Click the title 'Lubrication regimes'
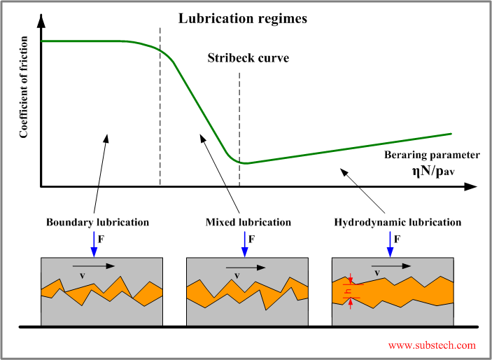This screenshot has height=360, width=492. (x=242, y=19)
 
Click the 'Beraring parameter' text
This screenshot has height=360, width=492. (x=433, y=155)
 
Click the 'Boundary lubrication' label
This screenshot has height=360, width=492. (x=97, y=222)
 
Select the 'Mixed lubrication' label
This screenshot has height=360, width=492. (x=248, y=222)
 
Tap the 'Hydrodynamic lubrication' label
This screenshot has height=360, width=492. (x=398, y=222)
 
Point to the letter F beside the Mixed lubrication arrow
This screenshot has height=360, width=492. (x=252, y=239)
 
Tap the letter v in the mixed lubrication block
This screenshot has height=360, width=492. (x=237, y=276)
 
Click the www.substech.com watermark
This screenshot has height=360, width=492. (x=432, y=345)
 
